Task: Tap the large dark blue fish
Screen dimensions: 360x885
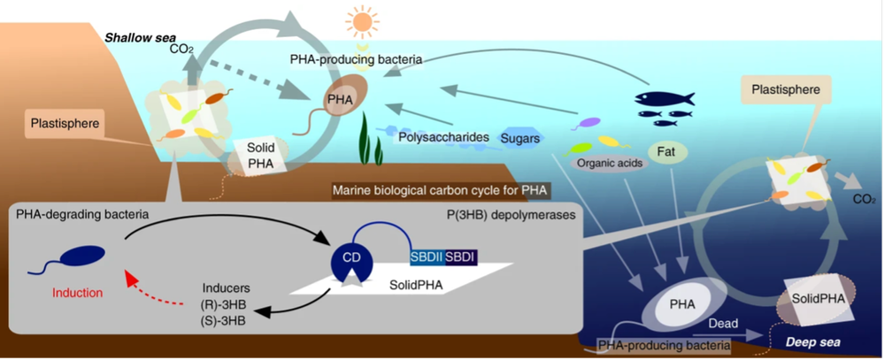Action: (665, 97)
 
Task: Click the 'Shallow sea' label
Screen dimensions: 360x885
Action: (134, 38)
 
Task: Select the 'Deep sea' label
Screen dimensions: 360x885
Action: (807, 340)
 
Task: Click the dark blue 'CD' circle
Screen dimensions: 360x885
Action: (352, 257)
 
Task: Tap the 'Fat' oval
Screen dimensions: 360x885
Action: (667, 151)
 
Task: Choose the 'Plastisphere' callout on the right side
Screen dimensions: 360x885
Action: (779, 89)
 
